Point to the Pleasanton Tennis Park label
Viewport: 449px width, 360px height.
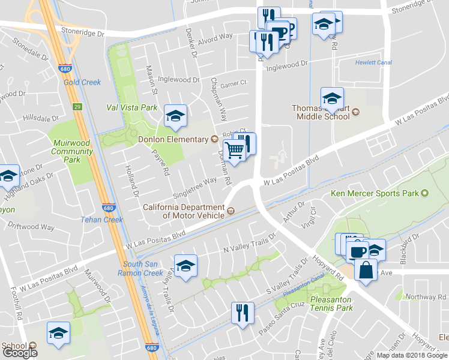tap(332, 304)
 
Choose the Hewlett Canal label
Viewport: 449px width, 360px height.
tap(373, 62)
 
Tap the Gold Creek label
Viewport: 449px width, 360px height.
tap(82, 82)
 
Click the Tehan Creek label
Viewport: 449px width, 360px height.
tap(102, 220)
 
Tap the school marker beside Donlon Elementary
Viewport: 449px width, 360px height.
tap(175, 116)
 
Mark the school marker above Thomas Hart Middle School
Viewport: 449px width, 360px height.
tap(332, 98)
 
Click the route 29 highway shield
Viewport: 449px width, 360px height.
tap(77, 107)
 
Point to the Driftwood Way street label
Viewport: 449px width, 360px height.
tap(31, 227)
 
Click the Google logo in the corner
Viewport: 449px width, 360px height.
tap(20, 353)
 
